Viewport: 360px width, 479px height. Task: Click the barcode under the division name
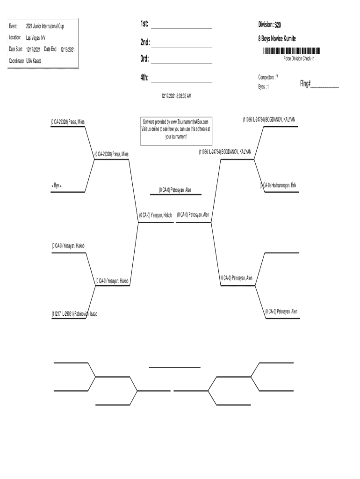(x=291, y=51)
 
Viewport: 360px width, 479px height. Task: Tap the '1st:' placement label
(x=144, y=24)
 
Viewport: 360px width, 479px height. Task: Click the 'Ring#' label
(x=306, y=84)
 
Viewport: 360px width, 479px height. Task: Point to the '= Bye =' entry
(x=57, y=186)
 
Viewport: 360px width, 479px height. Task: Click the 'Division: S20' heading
(x=270, y=24)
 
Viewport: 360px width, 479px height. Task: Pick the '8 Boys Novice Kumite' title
(x=277, y=38)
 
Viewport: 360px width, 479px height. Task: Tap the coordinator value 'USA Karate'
(x=34, y=60)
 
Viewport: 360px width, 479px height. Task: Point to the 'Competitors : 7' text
(x=268, y=77)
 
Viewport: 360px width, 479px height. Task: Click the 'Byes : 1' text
(x=264, y=87)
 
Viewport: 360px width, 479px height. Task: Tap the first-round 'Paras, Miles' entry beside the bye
(x=68, y=122)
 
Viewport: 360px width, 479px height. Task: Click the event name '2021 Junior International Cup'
(x=45, y=26)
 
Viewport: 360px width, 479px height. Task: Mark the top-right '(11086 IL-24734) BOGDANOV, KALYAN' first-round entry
(x=269, y=120)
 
